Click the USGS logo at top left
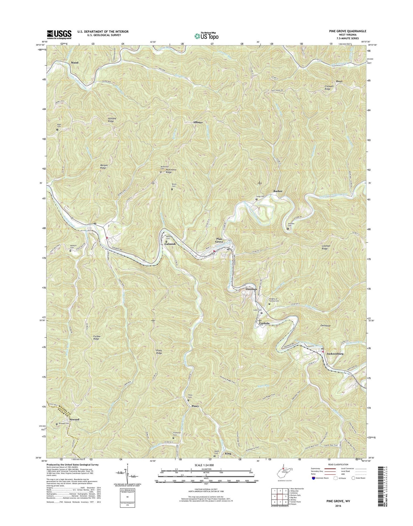pos(59,34)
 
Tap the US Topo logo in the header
pos(206,35)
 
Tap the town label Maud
pos(74,63)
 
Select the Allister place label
pos(198,122)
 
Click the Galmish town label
pos(170,244)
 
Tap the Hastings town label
pos(251,289)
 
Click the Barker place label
pos(278,191)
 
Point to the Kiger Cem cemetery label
pos(59,125)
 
